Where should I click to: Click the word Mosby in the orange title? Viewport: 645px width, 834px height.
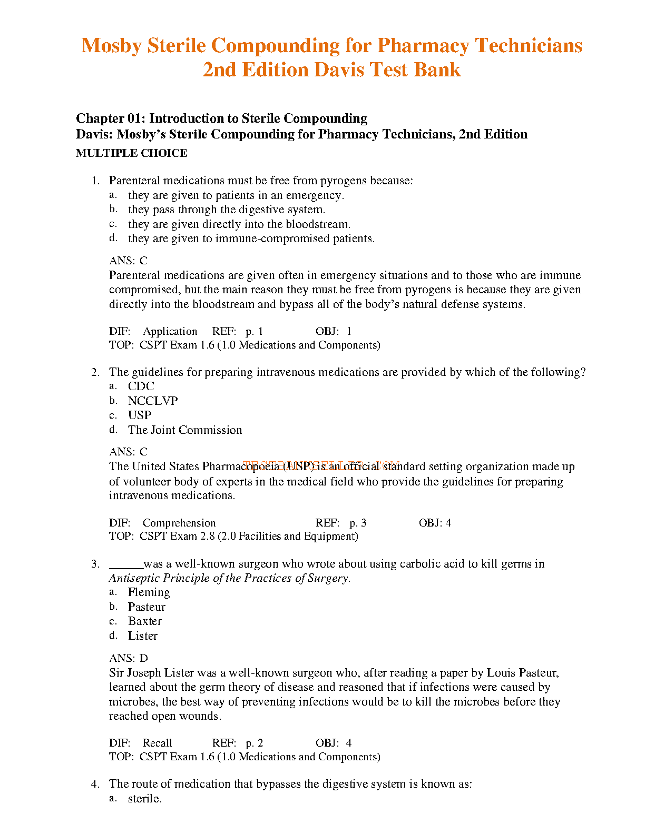pyautogui.click(x=111, y=46)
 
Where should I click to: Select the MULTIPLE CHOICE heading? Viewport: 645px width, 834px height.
pyautogui.click(x=131, y=153)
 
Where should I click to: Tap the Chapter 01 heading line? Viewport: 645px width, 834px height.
pyautogui.click(x=221, y=118)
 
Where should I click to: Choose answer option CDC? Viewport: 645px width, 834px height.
pyautogui.click(x=141, y=386)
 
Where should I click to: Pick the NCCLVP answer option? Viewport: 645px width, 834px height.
pyautogui.click(x=153, y=401)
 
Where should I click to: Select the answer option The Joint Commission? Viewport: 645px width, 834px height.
pyautogui.click(x=185, y=430)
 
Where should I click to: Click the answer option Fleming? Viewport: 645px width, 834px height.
pyautogui.click(x=149, y=592)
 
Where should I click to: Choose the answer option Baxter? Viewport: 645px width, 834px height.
pyautogui.click(x=144, y=621)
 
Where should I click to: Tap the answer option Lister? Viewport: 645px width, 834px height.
pyautogui.click(x=142, y=636)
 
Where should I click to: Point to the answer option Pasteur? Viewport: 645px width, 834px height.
pyautogui.click(x=146, y=607)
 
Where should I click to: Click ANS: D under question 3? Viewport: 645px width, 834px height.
pyautogui.click(x=129, y=658)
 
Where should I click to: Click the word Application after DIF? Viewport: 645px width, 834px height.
pyautogui.click(x=170, y=332)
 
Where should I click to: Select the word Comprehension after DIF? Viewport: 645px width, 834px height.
pyautogui.click(x=179, y=523)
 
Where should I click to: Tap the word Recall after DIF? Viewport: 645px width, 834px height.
pyautogui.click(x=157, y=743)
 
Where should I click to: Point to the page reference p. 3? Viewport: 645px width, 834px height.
pyautogui.click(x=358, y=523)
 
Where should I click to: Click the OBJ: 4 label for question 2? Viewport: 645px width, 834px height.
pyautogui.click(x=435, y=523)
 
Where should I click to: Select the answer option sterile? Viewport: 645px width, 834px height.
pyautogui.click(x=144, y=799)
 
